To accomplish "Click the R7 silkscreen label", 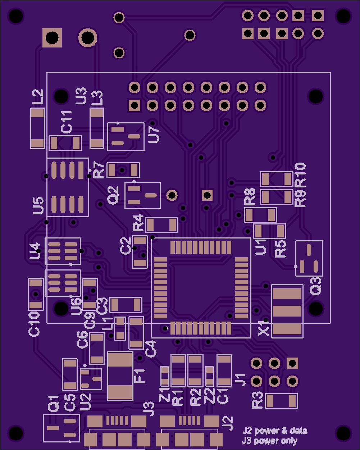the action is [x=99, y=170].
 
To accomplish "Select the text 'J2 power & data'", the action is [x=275, y=431].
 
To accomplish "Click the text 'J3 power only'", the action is [x=269, y=441].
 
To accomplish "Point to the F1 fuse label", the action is [x=139, y=376].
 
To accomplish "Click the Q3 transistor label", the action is [x=315, y=286].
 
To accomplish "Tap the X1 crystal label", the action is [x=263, y=328].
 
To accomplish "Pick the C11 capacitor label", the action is [x=66, y=122].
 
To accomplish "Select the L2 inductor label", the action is [x=38, y=97].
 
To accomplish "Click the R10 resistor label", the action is [x=300, y=175].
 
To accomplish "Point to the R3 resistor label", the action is [x=257, y=400].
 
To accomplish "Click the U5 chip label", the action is [x=38, y=205].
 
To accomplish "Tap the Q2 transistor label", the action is [x=113, y=196].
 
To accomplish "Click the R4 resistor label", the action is [x=138, y=223].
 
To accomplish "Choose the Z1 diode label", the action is [x=164, y=395].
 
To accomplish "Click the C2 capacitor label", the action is [x=126, y=246].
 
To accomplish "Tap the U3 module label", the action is [x=81, y=96].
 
